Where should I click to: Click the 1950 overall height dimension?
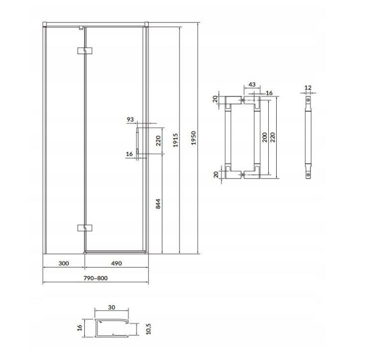(x=193, y=138)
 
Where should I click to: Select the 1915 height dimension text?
(x=176, y=140)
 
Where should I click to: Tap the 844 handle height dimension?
(x=158, y=204)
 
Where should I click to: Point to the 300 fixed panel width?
(x=64, y=263)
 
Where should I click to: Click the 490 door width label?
(x=116, y=263)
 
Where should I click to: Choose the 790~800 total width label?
(x=96, y=278)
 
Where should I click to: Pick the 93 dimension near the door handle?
(x=130, y=120)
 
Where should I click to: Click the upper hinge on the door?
(x=84, y=51)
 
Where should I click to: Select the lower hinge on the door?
(x=84, y=228)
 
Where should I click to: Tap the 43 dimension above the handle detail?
(x=252, y=84)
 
